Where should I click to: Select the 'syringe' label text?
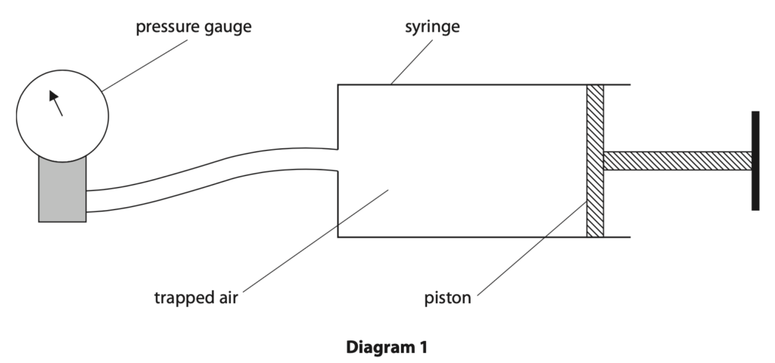pos(432,27)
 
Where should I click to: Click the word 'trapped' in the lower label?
pos(181,298)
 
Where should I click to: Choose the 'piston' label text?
pos(447,298)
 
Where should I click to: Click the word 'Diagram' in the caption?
pos(375,347)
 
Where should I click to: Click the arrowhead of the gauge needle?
pos(54,95)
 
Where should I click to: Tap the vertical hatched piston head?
pos(595,161)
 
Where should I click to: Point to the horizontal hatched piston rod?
pos(677,161)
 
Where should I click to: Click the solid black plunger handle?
pos(755,161)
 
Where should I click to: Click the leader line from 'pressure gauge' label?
pos(145,65)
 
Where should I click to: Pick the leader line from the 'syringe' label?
pos(411,62)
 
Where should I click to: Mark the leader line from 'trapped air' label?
pos(316,241)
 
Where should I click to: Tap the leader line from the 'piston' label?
pos(532,249)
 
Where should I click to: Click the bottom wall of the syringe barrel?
pos(484,237)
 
